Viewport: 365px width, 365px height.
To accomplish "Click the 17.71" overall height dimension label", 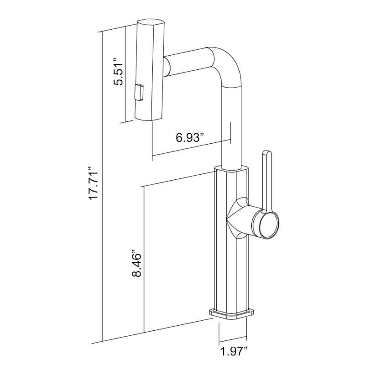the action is tap(94, 183).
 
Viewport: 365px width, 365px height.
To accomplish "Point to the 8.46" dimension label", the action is tap(136, 264).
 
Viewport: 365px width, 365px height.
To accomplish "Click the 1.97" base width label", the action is tap(234, 351).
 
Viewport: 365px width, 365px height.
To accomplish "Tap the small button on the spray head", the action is tap(139, 92).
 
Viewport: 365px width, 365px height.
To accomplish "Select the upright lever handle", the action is tap(267, 182).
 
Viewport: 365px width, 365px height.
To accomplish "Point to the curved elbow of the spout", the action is tap(229, 65).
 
